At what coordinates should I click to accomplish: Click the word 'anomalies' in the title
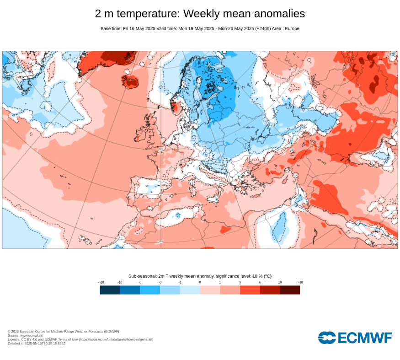277,14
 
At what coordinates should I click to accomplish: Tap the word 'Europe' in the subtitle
292,28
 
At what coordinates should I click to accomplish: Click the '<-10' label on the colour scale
101,282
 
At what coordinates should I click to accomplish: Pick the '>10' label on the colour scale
300,282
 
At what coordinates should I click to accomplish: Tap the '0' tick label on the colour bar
200,282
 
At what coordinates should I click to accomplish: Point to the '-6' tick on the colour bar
140,282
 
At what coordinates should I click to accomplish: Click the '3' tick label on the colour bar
240,282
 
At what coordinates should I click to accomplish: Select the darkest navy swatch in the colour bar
110,290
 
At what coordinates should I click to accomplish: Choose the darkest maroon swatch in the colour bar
290,290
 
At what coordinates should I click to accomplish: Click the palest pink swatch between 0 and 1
210,290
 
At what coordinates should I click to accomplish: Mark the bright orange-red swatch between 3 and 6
250,290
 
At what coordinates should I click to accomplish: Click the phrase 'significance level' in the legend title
222,276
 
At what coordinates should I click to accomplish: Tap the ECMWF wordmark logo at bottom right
355,338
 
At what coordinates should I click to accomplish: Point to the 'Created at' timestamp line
37,343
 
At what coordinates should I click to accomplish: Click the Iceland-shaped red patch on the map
130,81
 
